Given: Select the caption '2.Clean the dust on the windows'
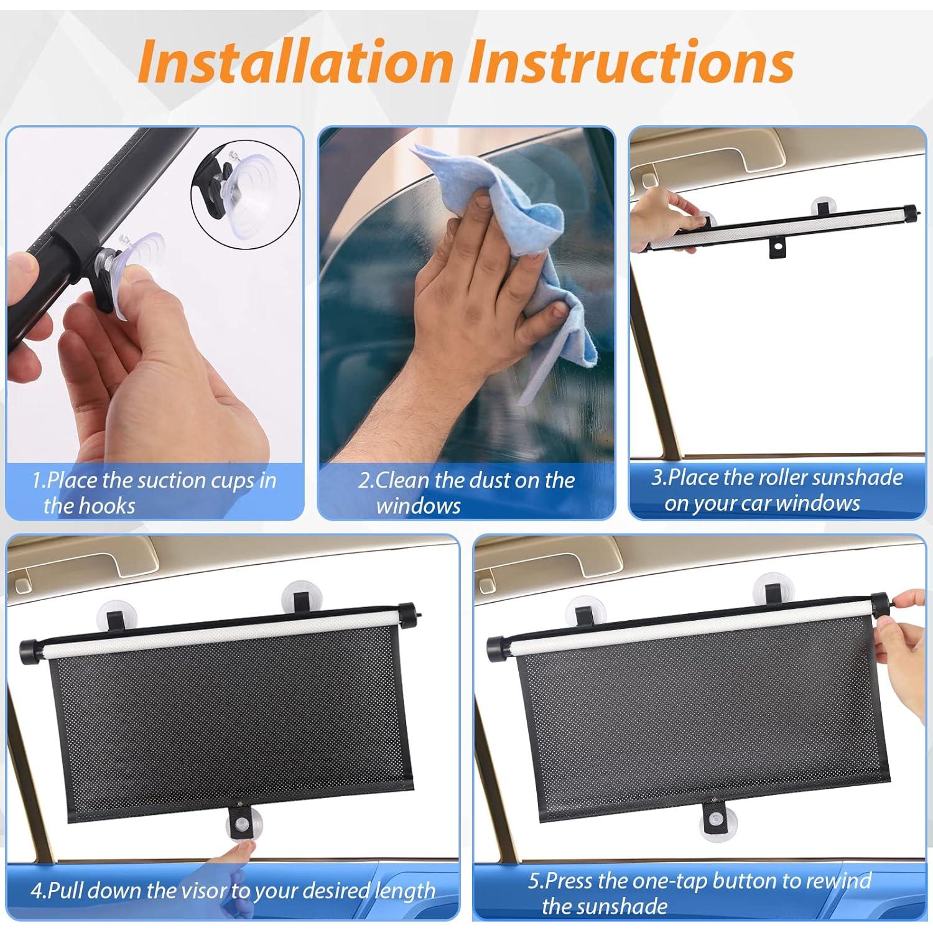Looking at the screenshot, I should pyautogui.click(x=466, y=492).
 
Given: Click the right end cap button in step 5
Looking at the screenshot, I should pyautogui.click(x=879, y=603).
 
